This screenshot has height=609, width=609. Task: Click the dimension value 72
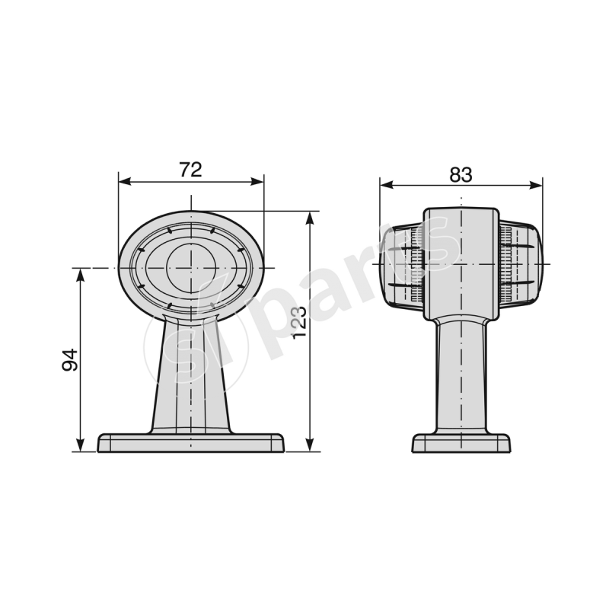190,170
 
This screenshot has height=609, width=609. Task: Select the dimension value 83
461,174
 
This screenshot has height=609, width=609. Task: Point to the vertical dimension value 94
70,359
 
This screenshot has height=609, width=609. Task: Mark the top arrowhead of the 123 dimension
309,218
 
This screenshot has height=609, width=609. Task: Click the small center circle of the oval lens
190,268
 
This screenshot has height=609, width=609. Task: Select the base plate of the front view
191,443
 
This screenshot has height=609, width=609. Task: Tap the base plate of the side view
461,443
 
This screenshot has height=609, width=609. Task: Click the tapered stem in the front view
190,373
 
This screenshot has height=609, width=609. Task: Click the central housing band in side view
461,263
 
